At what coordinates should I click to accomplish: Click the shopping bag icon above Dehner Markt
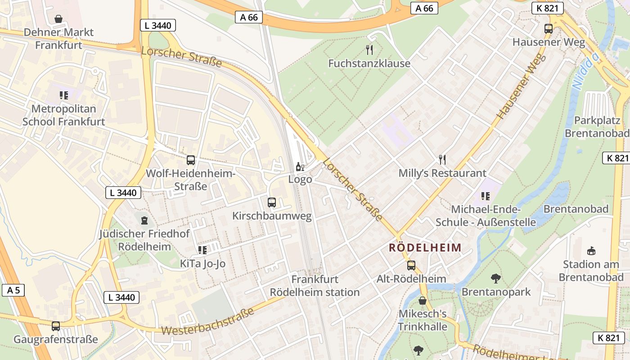point(58,19)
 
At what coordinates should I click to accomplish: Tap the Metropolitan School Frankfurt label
point(63,115)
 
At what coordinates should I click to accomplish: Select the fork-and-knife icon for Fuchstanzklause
point(369,49)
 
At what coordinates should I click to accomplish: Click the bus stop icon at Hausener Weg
point(549,29)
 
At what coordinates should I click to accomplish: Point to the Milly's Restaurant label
point(442,173)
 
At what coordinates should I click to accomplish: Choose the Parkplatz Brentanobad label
point(597,127)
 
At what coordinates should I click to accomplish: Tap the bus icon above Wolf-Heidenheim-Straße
point(191,160)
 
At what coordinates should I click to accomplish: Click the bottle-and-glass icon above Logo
point(300,167)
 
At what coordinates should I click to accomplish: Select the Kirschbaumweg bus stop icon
point(272,202)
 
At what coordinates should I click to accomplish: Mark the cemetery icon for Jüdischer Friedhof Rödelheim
point(144,220)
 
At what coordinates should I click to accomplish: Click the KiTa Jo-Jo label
point(202,264)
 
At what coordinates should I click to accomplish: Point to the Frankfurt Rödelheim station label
point(315,286)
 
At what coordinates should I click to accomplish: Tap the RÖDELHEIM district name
point(425,247)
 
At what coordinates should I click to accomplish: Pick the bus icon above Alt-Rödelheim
point(411,265)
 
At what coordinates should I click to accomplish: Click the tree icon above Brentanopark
point(496,279)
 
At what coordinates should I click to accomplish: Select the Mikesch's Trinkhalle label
point(423,320)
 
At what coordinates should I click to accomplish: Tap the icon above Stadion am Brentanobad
point(591,251)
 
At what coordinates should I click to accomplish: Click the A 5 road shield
point(13,290)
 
